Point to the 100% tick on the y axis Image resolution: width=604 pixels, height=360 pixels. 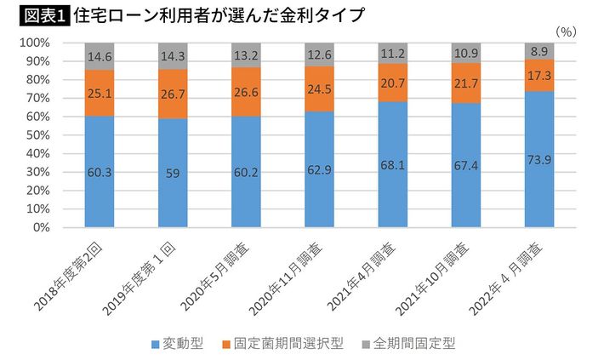[x=35, y=43]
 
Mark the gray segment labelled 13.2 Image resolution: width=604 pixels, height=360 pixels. [x=246, y=55]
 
